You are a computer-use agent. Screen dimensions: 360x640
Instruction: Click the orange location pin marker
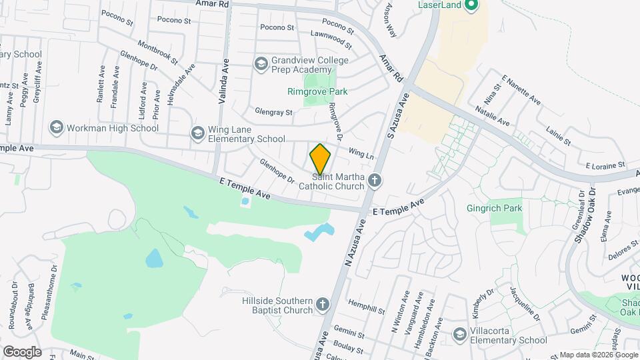tap(320, 159)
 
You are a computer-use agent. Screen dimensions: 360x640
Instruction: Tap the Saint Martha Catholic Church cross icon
tap(375, 179)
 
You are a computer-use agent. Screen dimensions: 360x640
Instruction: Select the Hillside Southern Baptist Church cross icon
tap(323, 304)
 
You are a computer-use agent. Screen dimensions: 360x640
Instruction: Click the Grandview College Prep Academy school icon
tap(261, 63)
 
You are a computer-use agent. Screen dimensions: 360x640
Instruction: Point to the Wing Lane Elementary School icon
tap(197, 133)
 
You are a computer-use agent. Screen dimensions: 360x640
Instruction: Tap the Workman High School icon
tap(56, 127)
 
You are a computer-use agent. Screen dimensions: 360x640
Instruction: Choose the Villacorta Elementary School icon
tap(459, 333)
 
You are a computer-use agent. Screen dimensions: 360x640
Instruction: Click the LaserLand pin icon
tap(471, 7)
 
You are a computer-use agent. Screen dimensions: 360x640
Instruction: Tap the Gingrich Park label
tap(513, 208)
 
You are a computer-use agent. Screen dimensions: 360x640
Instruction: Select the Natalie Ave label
tap(492, 115)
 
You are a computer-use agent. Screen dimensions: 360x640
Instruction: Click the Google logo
tap(22, 351)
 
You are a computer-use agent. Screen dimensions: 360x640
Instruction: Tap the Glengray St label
tap(273, 113)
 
